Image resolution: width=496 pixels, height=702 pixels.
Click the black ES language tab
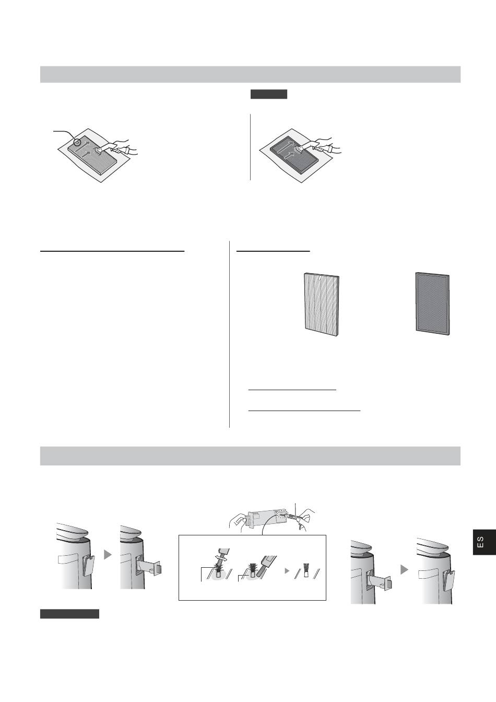484,542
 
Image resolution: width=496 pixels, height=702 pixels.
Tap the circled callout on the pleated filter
77,143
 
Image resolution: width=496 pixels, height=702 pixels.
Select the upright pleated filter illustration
322,305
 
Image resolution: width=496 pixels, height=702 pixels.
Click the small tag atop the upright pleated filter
320,277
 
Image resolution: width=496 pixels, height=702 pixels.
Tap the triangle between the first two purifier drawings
108,554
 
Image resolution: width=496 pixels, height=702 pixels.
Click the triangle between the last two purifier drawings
405,569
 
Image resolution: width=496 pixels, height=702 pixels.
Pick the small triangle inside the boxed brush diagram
287,571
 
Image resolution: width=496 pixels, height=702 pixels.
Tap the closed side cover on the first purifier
88,565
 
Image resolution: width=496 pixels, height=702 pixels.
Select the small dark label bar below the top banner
269,94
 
